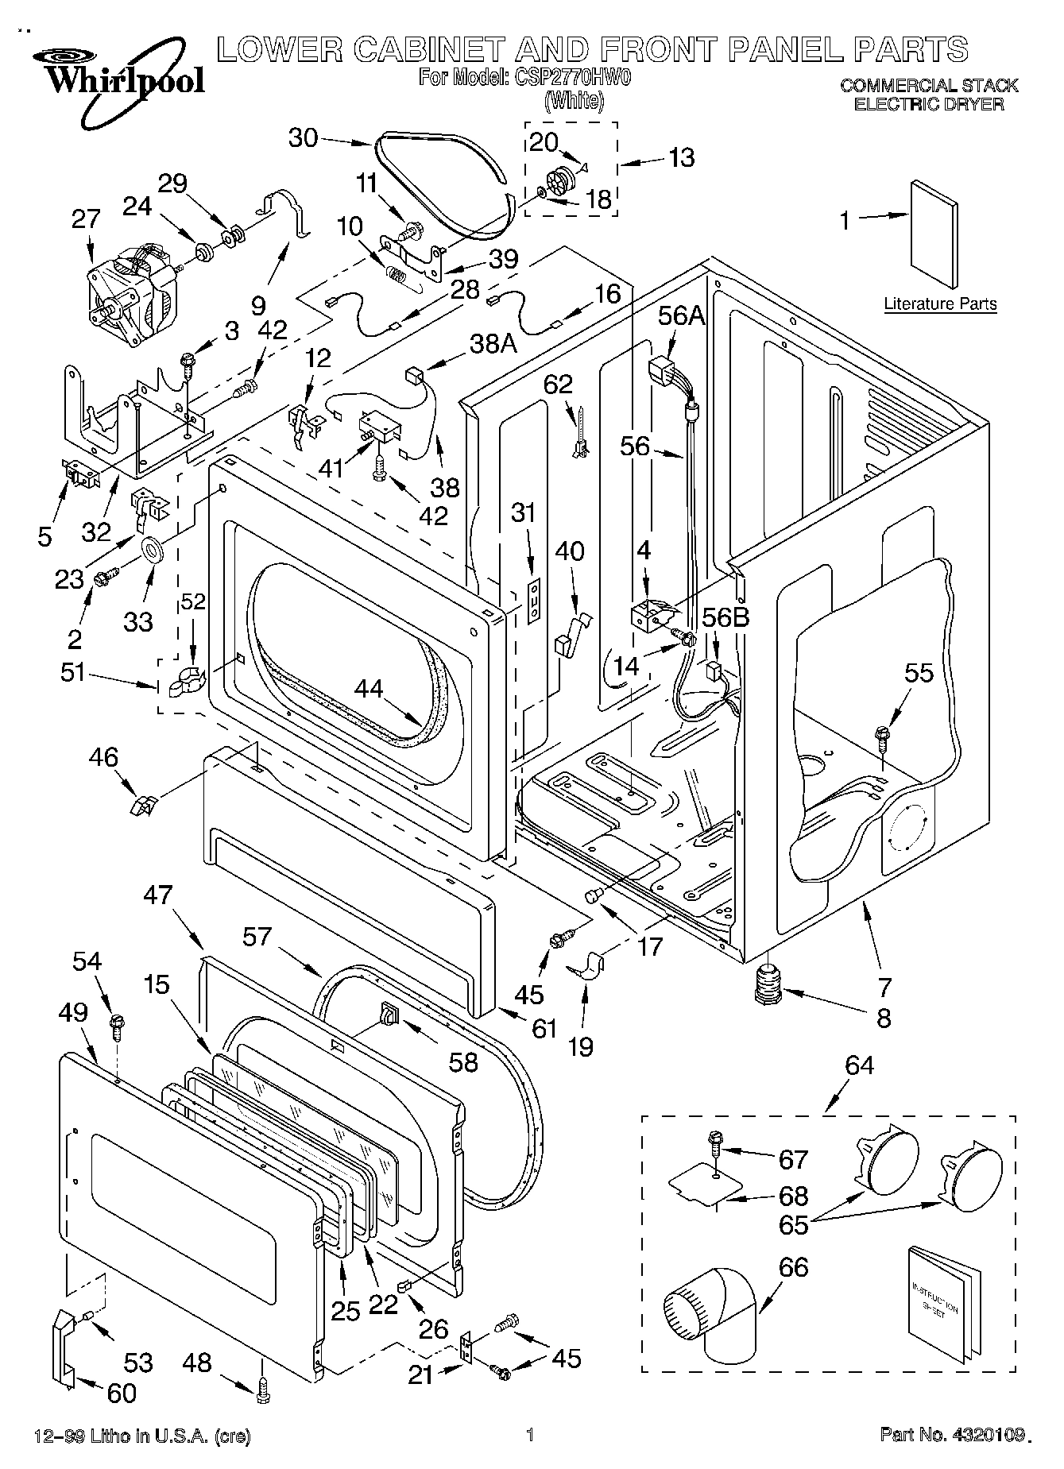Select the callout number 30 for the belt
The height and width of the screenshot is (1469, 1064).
tap(303, 138)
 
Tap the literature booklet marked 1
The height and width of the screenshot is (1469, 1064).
tap(933, 236)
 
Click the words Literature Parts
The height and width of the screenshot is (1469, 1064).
tap(940, 304)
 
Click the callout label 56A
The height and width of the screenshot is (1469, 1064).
tap(681, 315)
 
